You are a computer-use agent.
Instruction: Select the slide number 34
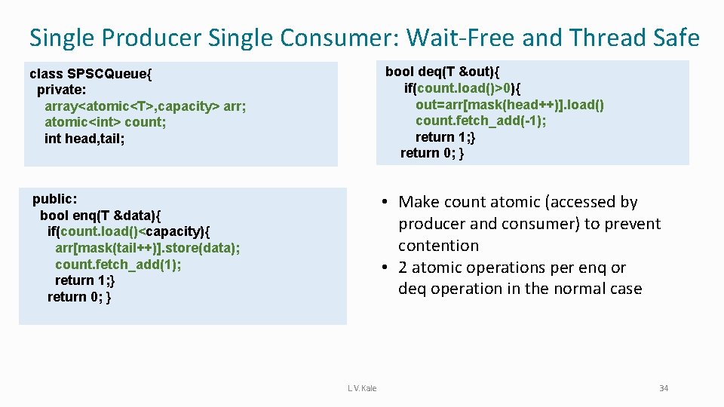pyautogui.click(x=664, y=388)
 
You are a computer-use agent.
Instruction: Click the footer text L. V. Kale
pyautogui.click(x=362, y=388)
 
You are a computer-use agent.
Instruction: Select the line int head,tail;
pyautogui.click(x=84, y=138)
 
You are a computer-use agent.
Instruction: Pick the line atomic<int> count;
pyautogui.click(x=106, y=121)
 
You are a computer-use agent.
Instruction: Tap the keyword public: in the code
pyautogui.click(x=54, y=199)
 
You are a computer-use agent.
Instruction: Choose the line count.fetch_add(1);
pyautogui.click(x=118, y=264)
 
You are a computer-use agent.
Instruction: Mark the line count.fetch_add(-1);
pyautogui.click(x=481, y=121)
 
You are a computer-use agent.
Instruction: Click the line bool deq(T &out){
pyautogui.click(x=441, y=72)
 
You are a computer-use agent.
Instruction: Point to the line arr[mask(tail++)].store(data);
pyautogui.click(x=148, y=248)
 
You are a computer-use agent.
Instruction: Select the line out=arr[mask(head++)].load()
pyautogui.click(x=510, y=104)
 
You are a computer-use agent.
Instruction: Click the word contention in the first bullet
pyautogui.click(x=438, y=246)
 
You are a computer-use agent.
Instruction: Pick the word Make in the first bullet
pyautogui.click(x=418, y=202)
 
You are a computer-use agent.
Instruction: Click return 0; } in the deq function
pyautogui.click(x=432, y=153)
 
